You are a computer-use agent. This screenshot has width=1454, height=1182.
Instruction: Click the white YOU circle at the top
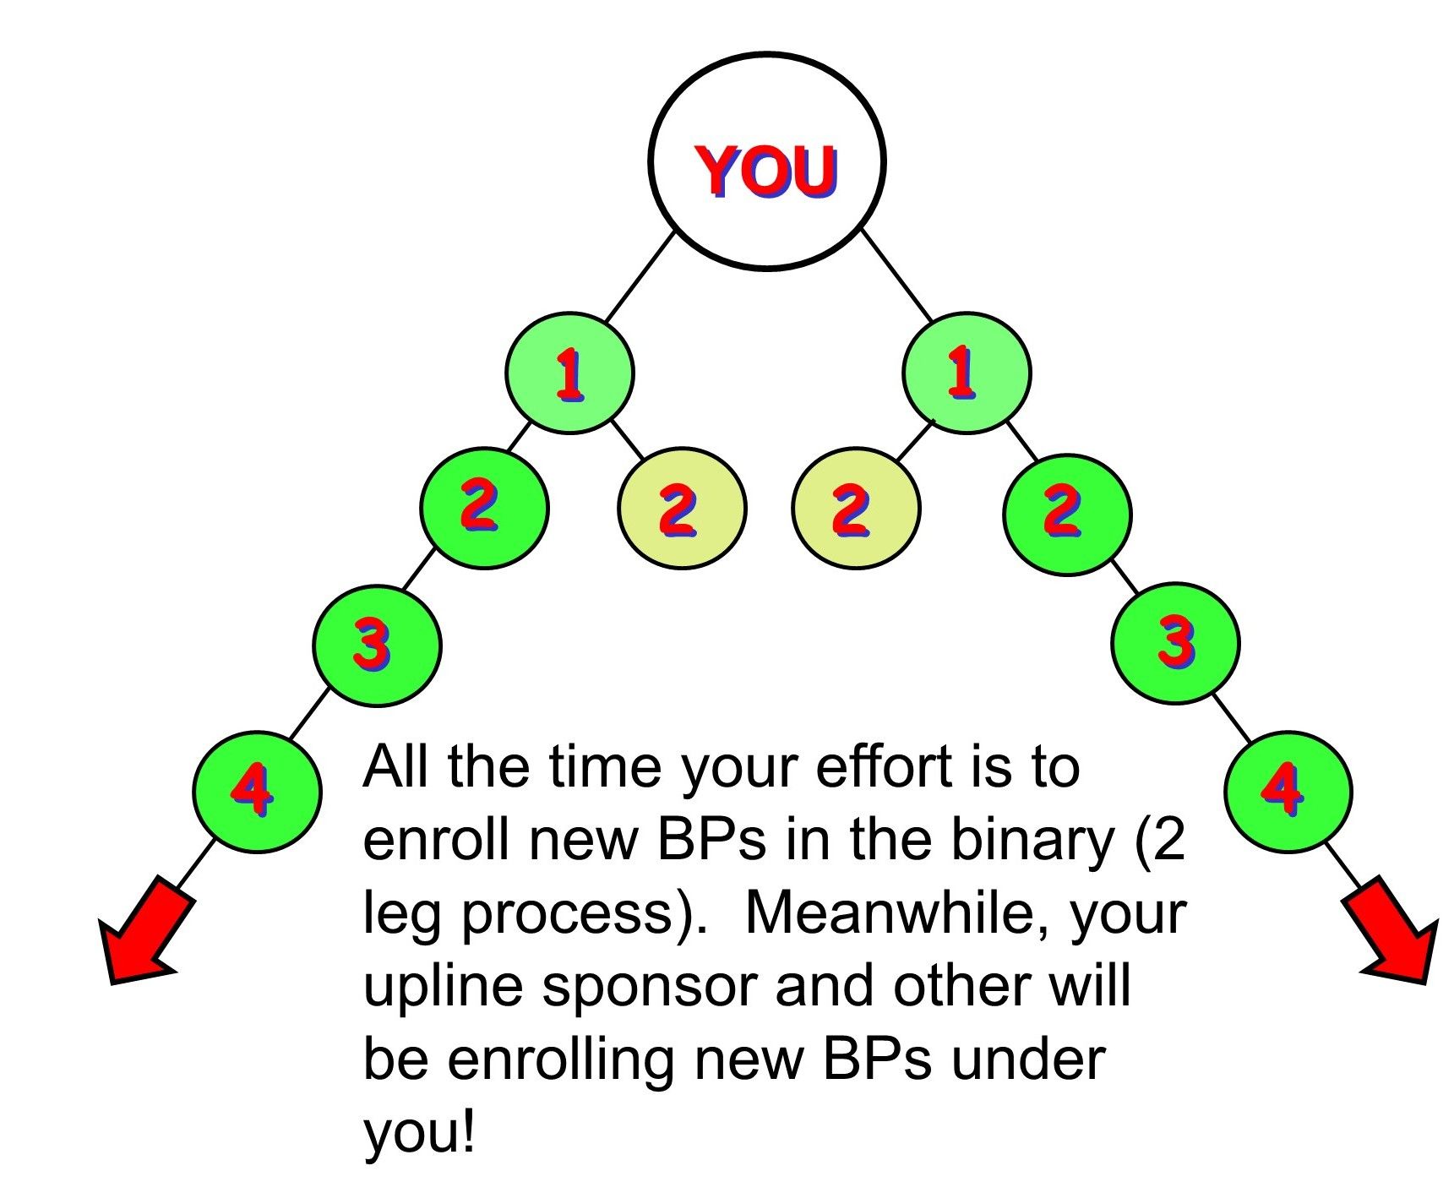tap(766, 161)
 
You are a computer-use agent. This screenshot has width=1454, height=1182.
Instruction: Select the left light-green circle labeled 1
tap(569, 373)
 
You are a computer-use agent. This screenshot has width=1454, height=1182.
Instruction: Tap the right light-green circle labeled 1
tap(967, 373)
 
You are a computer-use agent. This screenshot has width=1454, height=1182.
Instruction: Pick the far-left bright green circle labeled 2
tap(485, 508)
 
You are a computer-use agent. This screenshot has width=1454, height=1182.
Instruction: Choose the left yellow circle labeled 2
tap(682, 508)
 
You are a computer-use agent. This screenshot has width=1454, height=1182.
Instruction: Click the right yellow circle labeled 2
tap(856, 508)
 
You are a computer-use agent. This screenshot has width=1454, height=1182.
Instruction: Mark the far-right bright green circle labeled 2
tap(1067, 515)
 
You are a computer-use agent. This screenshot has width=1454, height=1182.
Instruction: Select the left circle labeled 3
tap(377, 645)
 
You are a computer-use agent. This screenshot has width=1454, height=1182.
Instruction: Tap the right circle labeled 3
tap(1175, 643)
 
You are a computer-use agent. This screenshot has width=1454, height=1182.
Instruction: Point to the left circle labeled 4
tap(257, 792)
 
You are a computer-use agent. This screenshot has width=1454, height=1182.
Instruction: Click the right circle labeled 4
tap(1288, 792)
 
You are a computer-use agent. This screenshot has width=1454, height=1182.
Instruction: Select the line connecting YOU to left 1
tap(640, 275)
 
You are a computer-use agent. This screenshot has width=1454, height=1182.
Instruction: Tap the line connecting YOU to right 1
tap(896, 275)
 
